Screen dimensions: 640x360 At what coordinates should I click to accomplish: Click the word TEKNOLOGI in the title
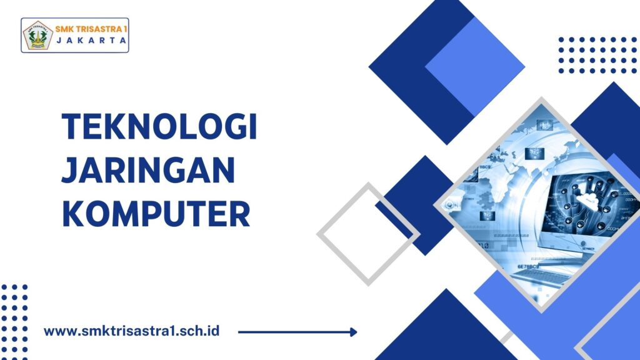(x=159, y=126)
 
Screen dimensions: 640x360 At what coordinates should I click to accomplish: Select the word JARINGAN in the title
(x=148, y=170)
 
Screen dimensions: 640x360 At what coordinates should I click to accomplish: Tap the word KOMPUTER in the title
(x=156, y=214)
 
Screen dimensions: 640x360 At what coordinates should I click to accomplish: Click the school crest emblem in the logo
(x=38, y=36)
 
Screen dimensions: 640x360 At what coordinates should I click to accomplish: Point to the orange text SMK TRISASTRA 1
(x=91, y=29)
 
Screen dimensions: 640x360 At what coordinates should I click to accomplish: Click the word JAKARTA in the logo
(x=91, y=41)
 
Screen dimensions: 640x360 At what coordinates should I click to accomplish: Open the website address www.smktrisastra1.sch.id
(x=131, y=331)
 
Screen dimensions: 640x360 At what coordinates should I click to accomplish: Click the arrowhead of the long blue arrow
(x=354, y=332)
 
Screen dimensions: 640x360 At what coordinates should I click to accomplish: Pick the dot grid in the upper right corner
(x=597, y=55)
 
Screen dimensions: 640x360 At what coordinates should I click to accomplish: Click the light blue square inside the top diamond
(x=475, y=67)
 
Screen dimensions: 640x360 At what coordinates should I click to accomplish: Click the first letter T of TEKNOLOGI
(x=71, y=126)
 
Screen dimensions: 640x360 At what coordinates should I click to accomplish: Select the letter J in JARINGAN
(x=69, y=170)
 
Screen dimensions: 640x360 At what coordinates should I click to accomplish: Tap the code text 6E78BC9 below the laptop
(x=528, y=266)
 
